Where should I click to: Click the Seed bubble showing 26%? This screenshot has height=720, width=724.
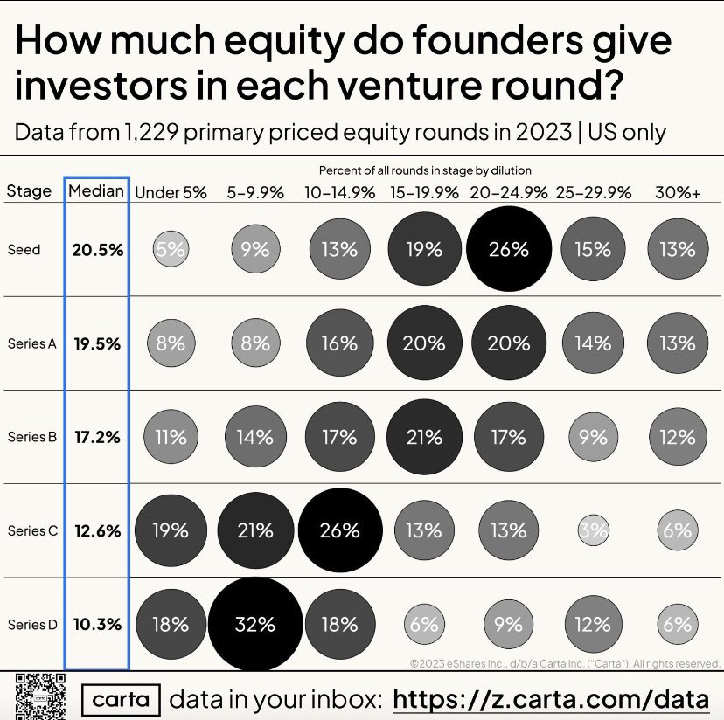tap(509, 250)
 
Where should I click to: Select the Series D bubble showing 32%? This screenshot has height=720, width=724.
tap(254, 624)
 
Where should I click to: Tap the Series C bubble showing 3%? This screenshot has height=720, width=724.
tap(593, 530)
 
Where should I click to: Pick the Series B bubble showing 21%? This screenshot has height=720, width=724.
tap(424, 437)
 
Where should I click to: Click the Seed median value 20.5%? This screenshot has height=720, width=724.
tap(97, 250)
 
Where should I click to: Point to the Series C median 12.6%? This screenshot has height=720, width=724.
tap(97, 530)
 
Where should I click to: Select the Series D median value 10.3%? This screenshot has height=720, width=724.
tap(97, 625)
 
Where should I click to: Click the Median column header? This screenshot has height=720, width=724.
tap(96, 191)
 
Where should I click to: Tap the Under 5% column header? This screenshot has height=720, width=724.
tap(171, 193)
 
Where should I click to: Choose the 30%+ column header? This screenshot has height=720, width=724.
tap(678, 193)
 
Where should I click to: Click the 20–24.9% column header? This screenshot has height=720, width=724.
tap(509, 193)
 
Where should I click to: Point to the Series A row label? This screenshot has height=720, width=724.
tap(31, 343)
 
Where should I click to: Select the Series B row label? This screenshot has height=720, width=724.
tap(31, 437)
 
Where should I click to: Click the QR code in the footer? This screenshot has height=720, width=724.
tap(41, 696)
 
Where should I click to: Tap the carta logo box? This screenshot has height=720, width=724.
tap(122, 699)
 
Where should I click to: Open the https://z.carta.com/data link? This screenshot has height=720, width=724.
tap(551, 699)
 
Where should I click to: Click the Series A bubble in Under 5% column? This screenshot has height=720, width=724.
tap(171, 343)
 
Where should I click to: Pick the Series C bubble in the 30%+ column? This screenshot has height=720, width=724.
tap(678, 530)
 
